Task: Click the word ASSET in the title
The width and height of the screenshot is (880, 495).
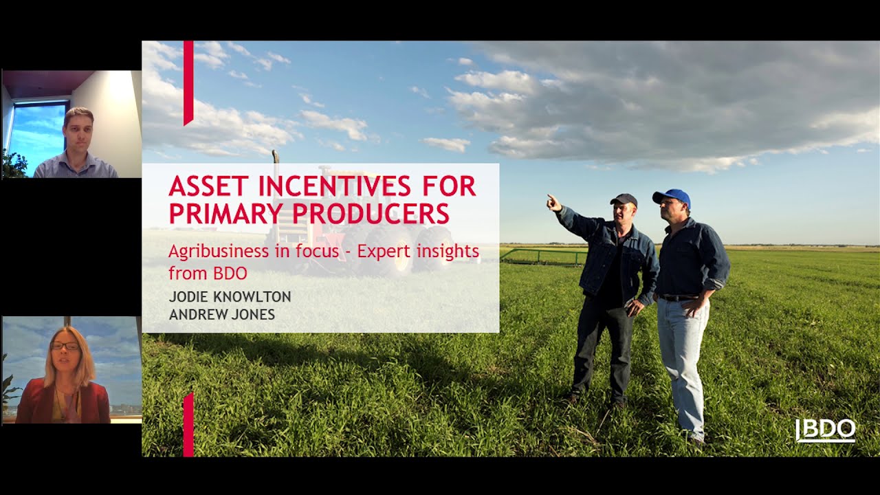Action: (x=209, y=186)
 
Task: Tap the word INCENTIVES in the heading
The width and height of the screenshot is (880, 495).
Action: (x=335, y=186)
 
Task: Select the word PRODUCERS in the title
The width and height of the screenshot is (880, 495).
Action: (x=371, y=213)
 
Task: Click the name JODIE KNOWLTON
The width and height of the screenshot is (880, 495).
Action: (x=230, y=297)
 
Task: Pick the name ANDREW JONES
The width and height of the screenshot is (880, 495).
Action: (x=222, y=315)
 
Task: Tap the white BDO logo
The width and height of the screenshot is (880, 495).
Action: (x=826, y=430)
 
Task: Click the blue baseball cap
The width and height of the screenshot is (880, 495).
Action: (x=672, y=197)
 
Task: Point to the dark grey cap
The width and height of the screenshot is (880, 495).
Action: (x=624, y=199)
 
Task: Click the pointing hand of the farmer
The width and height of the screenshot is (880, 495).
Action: (x=554, y=203)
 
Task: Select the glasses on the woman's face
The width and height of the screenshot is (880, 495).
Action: (x=65, y=346)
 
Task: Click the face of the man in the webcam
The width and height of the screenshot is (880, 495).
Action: (x=79, y=131)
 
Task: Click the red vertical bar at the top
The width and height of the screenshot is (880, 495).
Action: (x=188, y=83)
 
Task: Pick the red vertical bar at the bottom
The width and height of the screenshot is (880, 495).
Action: (x=188, y=425)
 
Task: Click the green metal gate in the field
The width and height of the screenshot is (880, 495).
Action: (x=544, y=257)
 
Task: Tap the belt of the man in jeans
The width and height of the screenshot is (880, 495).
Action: (x=678, y=298)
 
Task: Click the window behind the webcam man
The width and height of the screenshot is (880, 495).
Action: (x=38, y=133)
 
